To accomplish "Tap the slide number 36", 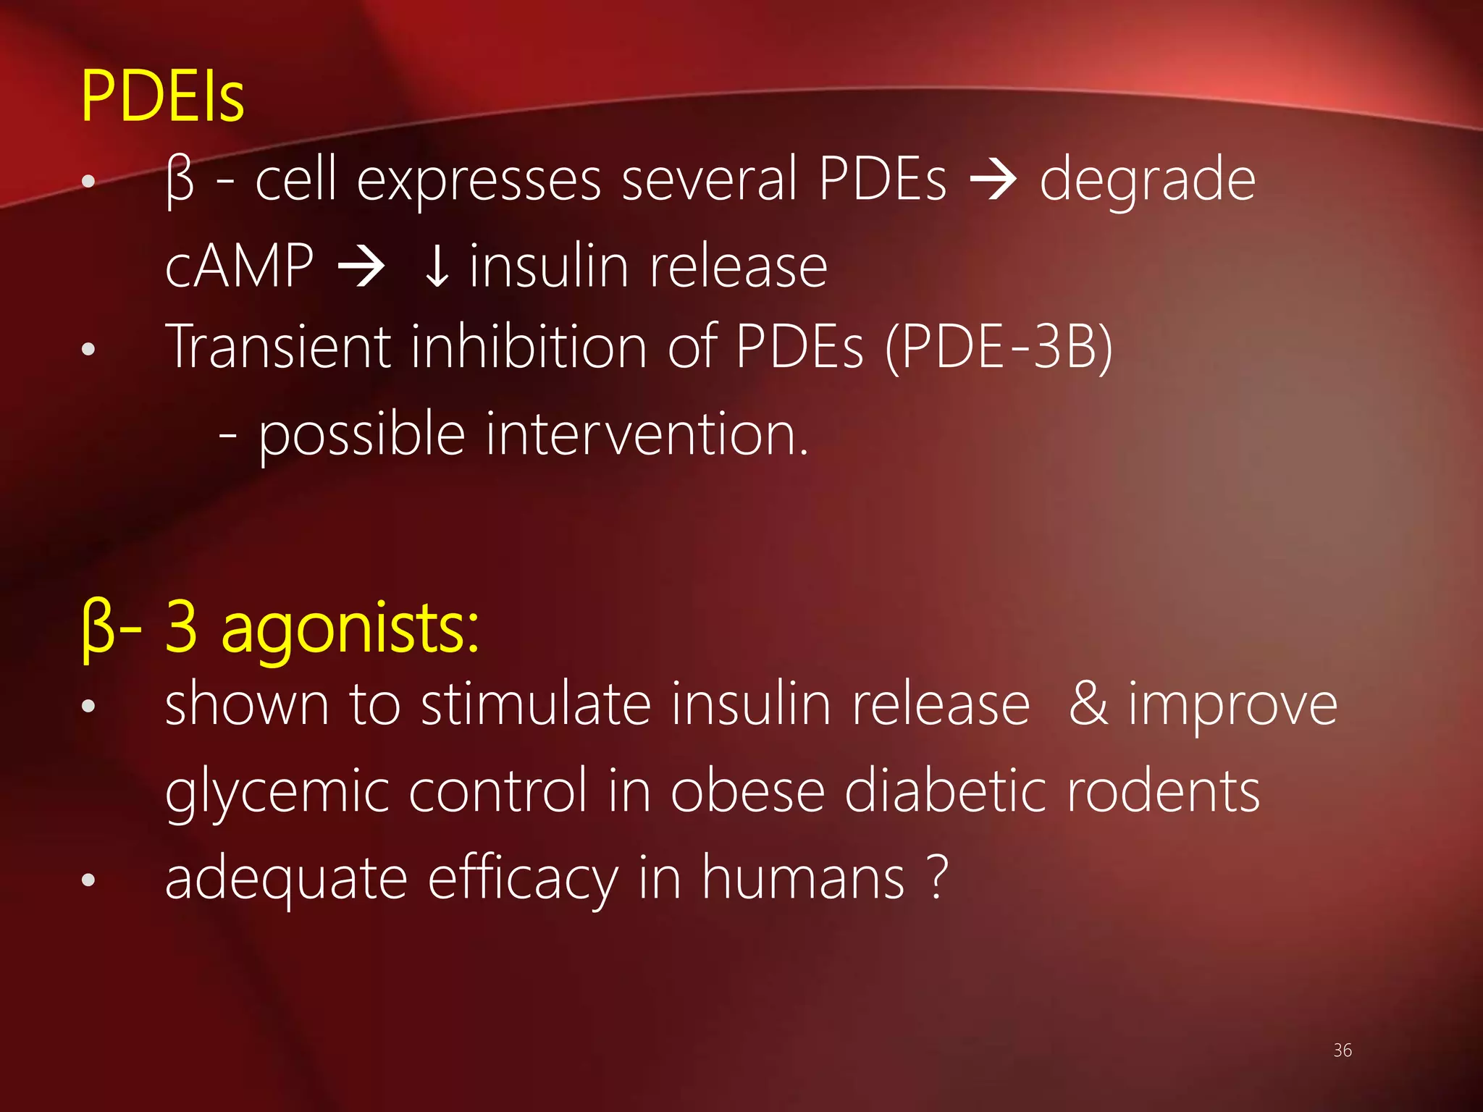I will pyautogui.click(x=1342, y=1050).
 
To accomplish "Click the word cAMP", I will pyautogui.click(x=239, y=266).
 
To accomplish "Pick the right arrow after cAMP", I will pyautogui.click(x=361, y=267).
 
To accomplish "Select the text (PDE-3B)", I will pyautogui.click(x=998, y=348).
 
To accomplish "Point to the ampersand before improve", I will pyautogui.click(x=1088, y=704).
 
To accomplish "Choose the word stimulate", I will pyautogui.click(x=536, y=704).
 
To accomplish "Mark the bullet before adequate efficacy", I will pyautogui.click(x=88, y=880).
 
